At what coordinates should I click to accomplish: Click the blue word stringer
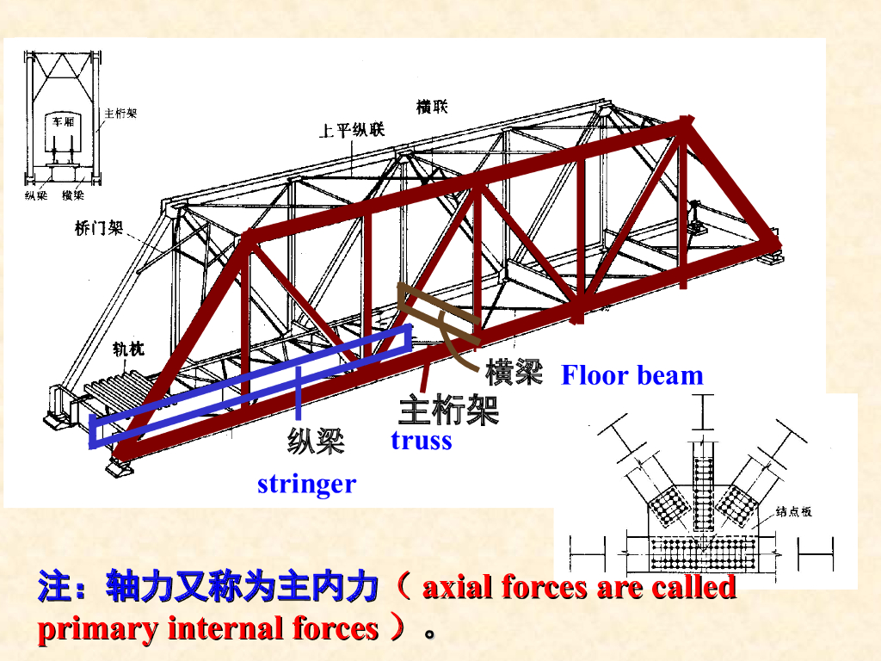(306, 484)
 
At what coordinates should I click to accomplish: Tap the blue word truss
(421, 440)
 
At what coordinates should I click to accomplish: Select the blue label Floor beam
(632, 375)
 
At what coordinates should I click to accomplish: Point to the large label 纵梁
(315, 441)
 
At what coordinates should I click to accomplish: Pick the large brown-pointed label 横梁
(514, 372)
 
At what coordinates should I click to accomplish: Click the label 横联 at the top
(432, 108)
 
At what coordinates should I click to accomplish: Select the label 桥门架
(99, 229)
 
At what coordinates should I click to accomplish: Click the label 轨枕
(128, 349)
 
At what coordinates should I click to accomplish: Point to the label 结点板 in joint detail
(793, 511)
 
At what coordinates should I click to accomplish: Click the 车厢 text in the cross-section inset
(64, 122)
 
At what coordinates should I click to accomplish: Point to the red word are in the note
(619, 588)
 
